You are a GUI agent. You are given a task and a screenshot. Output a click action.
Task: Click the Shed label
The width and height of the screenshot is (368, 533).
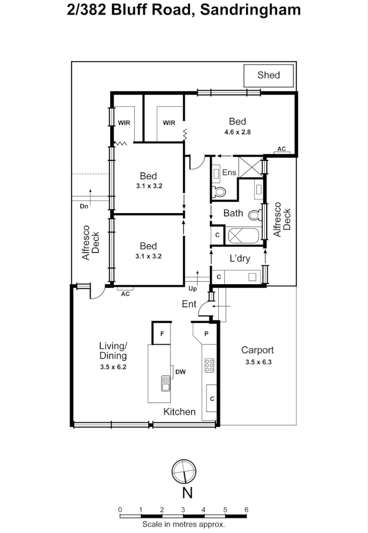(x=268, y=75)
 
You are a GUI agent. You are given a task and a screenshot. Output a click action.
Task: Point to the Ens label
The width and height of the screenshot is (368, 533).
(x=229, y=172)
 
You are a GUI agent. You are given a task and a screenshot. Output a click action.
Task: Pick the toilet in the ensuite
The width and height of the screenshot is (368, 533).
(x=219, y=191)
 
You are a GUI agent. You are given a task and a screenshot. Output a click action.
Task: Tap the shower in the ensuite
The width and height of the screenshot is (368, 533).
(x=250, y=166)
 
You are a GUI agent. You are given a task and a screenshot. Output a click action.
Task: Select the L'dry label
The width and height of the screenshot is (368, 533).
(x=240, y=259)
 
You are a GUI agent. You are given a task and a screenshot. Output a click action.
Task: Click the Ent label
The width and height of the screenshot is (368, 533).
(x=189, y=304)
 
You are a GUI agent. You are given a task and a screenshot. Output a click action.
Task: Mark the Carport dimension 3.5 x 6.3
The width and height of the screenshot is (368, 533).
(x=259, y=362)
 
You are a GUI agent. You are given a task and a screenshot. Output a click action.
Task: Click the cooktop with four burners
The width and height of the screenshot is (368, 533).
(x=209, y=365)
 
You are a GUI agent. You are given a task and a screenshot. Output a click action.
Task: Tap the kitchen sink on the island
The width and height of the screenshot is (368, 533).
(x=165, y=382)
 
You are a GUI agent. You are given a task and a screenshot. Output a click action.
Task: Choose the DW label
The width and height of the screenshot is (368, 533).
(x=180, y=372)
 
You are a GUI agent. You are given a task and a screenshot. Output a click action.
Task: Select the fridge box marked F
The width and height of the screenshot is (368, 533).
(x=162, y=334)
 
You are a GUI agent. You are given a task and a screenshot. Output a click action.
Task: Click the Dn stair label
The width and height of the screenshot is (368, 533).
(x=84, y=206)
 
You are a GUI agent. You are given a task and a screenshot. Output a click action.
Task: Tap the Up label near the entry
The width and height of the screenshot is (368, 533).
(x=193, y=289)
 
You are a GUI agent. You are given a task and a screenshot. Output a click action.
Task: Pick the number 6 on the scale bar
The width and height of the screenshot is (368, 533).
(x=246, y=510)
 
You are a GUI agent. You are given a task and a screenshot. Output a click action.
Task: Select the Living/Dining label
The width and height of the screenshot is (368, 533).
(x=113, y=350)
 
